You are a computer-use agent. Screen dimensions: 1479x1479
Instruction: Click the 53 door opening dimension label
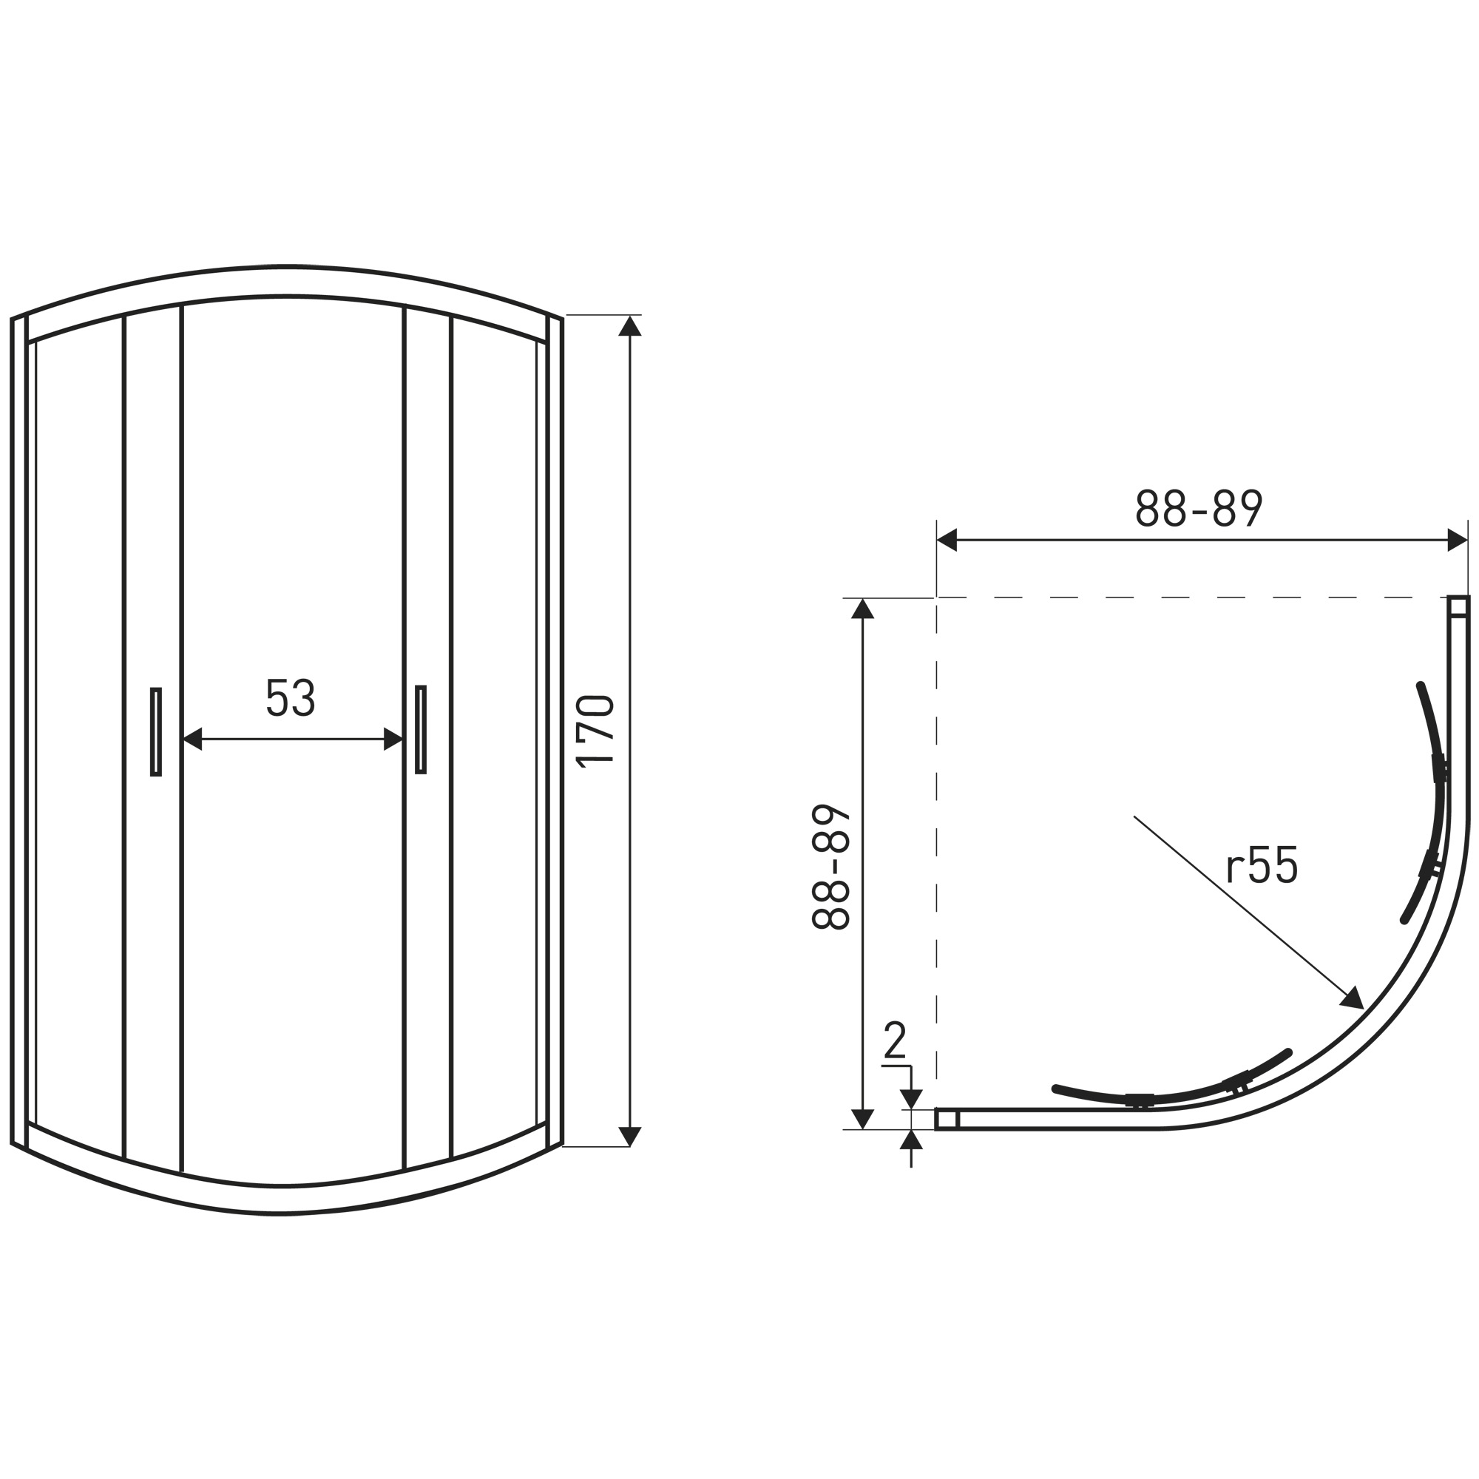click(x=290, y=697)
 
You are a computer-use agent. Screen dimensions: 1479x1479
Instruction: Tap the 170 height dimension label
click(x=595, y=731)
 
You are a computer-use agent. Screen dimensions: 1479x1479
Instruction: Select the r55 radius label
click(x=1262, y=865)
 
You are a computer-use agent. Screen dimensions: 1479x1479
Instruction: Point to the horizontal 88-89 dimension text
click(x=1199, y=507)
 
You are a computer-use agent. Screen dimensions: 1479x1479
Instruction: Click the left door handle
click(x=155, y=732)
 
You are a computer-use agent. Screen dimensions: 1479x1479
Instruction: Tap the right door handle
click(x=420, y=730)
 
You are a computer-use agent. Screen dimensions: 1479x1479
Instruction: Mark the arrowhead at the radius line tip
click(x=1353, y=998)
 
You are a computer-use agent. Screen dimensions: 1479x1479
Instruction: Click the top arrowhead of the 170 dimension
click(x=629, y=325)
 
